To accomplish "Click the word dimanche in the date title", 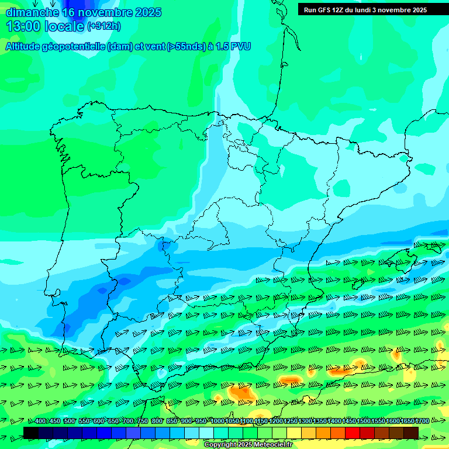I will click(x=32, y=12).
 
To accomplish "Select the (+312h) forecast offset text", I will click(x=104, y=26).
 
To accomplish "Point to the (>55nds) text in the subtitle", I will click(x=185, y=46).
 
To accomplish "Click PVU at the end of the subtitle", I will click(x=241, y=46).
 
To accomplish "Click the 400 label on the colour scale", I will click(x=40, y=421).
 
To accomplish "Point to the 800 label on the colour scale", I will click(x=157, y=421).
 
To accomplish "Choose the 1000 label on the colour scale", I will click(x=217, y=421).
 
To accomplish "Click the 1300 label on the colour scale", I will click(x=305, y=421).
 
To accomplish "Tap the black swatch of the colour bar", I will click(x=31, y=433).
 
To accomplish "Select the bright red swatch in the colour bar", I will click(x=353, y=433).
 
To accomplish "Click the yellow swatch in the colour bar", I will click(x=294, y=433).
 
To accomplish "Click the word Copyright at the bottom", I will click(x=220, y=445).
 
